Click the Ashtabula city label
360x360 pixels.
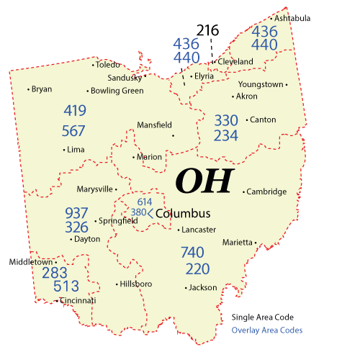tap(292, 18)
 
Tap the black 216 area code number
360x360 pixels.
tap(207, 30)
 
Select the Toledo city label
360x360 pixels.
tap(109, 65)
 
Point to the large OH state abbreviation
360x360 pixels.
tap(205, 181)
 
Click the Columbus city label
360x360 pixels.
tap(183, 214)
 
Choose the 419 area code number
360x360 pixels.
tap(74, 112)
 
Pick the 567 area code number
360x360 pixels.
tap(74, 131)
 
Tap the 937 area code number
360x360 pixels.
tap(76, 213)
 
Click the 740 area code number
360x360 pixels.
tap(193, 253)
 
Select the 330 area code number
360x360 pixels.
tap(226, 120)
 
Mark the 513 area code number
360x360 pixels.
tap(55, 287)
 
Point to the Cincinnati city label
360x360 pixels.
tap(78, 300)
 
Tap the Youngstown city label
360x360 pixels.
tap(260, 84)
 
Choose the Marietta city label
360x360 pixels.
tap(238, 242)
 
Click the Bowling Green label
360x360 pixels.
tap(117, 91)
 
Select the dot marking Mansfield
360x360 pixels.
tap(173, 135)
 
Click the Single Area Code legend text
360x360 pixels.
tap(263, 318)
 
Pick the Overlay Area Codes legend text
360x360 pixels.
tap(267, 331)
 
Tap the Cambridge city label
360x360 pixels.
tap(266, 192)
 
